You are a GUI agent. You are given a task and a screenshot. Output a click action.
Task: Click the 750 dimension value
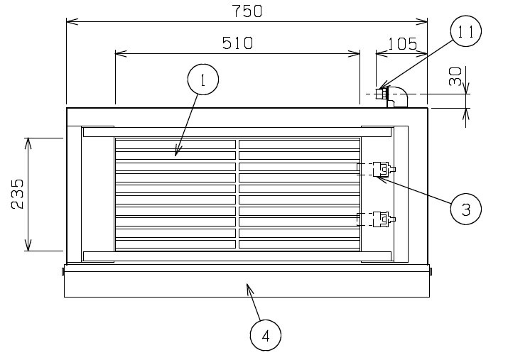pyautogui.click(x=247, y=11)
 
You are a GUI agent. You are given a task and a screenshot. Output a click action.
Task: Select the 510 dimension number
pyautogui.click(x=237, y=43)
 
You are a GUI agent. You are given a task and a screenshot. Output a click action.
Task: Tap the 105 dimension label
pyautogui.click(x=402, y=44)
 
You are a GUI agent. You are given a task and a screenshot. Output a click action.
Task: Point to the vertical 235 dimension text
pyautogui.click(x=18, y=195)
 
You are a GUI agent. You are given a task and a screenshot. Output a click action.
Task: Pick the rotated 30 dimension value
pyautogui.click(x=455, y=77)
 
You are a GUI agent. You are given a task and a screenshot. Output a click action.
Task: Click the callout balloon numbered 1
pyautogui.click(x=203, y=80)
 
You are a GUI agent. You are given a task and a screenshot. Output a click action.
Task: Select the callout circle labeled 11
pyautogui.click(x=466, y=31)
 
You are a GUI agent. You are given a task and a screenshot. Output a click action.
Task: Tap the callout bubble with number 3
pyautogui.click(x=466, y=209)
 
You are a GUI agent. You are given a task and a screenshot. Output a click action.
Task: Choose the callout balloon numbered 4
pyautogui.click(x=266, y=335)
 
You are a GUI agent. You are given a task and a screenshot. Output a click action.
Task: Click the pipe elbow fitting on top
pyautogui.click(x=398, y=97)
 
